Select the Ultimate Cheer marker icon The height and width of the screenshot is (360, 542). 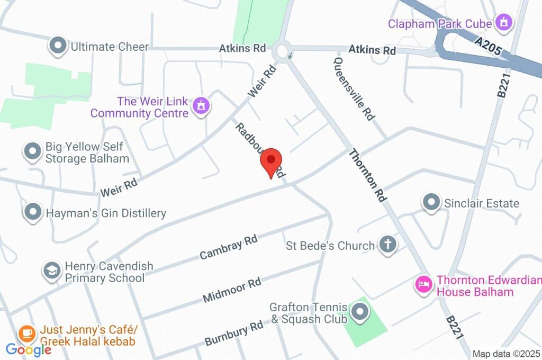tap(57, 46)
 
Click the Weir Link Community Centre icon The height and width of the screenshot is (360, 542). tap(201, 106)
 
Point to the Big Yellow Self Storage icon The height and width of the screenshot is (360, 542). tap(33, 152)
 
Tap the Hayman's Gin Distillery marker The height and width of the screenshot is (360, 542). tap(33, 213)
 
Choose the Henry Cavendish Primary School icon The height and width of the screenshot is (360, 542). tap(52, 271)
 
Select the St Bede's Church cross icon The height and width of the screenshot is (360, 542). tap(387, 245)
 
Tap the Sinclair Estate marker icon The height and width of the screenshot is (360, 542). tap(431, 202)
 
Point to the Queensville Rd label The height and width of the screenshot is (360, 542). tap(354, 89)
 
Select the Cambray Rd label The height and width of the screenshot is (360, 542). tap(229, 247)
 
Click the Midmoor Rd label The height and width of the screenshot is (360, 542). tap(232, 290)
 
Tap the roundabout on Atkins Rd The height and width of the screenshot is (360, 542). tap(281, 52)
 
